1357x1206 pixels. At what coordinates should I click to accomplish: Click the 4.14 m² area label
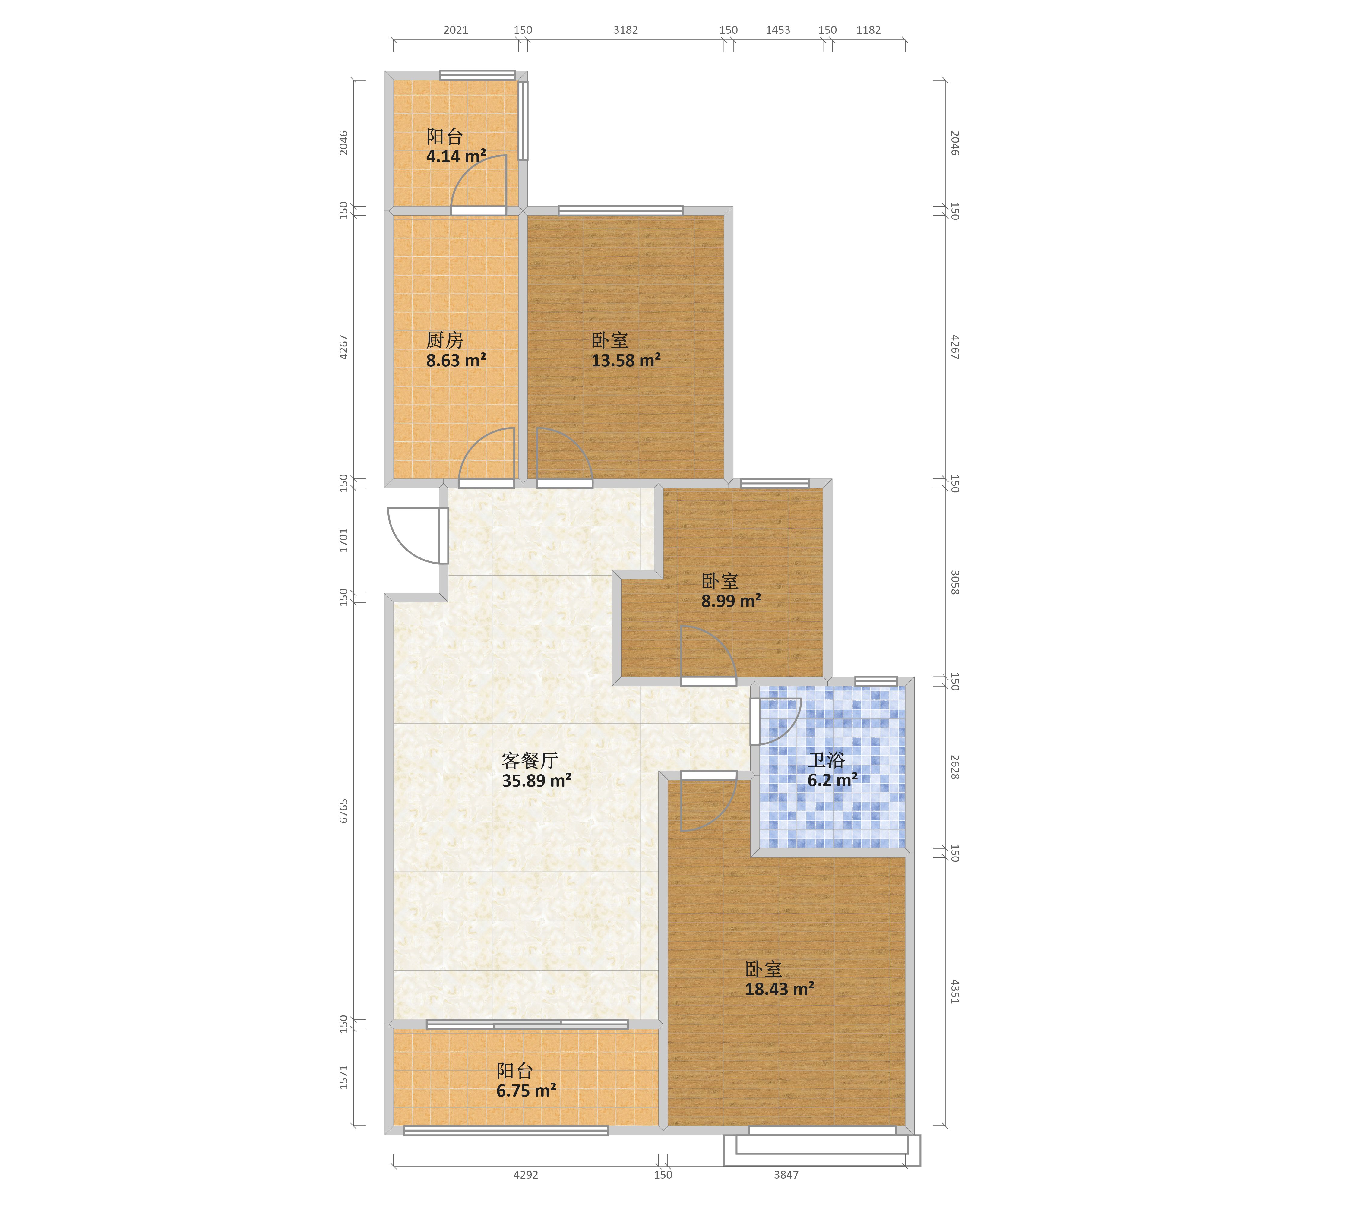pyautogui.click(x=456, y=157)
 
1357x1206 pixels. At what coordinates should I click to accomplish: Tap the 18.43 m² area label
pyautogui.click(x=780, y=989)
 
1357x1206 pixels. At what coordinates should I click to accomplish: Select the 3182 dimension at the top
pyautogui.click(x=625, y=30)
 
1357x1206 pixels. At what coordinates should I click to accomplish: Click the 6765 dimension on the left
pyautogui.click(x=343, y=811)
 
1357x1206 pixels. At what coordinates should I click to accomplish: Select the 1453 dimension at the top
pyautogui.click(x=778, y=30)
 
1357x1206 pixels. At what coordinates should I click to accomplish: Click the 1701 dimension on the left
pyautogui.click(x=343, y=540)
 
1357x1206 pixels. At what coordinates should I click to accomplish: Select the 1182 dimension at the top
pyautogui.click(x=868, y=30)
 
